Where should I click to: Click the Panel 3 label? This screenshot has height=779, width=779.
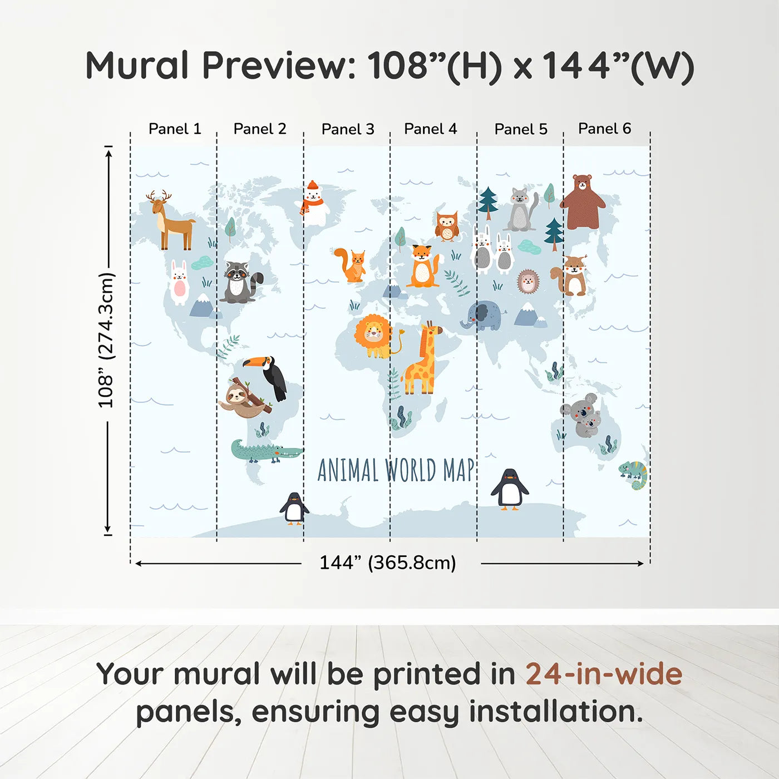(348, 129)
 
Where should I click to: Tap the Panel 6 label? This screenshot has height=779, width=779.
(604, 129)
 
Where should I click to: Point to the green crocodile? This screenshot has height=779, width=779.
(264, 451)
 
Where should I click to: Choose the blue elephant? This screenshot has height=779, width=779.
(481, 315)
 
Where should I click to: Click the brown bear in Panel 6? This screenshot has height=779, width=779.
(582, 202)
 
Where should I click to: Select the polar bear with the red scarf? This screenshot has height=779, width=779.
(314, 203)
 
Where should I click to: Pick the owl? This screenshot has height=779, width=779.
(446, 226)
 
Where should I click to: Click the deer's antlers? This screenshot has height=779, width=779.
(159, 196)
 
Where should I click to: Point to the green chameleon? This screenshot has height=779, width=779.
(634, 475)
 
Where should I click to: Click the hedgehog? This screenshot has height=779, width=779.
(527, 282)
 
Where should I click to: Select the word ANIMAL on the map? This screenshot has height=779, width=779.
(348, 471)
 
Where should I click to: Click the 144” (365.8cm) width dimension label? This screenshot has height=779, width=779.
(388, 563)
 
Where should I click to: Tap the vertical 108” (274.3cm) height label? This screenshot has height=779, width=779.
(106, 340)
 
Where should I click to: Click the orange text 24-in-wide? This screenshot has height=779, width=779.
(604, 674)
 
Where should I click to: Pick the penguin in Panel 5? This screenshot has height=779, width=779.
(509, 489)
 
